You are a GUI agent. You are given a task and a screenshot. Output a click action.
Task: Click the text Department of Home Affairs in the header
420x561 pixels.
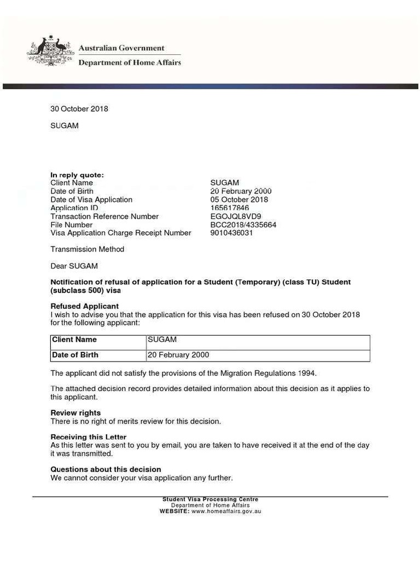130,62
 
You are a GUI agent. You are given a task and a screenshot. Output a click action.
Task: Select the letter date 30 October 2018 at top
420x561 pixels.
79,108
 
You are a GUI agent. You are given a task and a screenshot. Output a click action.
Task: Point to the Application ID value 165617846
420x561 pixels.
229,208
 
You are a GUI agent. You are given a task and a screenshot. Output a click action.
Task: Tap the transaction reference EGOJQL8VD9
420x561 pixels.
236,216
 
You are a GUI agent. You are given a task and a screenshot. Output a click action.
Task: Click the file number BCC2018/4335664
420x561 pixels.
243,225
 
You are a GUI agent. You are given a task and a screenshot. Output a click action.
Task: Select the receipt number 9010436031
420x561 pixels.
232,233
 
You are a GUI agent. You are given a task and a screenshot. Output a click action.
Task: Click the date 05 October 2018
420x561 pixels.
239,199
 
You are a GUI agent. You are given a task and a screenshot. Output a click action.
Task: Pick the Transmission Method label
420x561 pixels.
87,249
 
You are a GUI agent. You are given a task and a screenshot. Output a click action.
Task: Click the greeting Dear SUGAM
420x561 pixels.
74,266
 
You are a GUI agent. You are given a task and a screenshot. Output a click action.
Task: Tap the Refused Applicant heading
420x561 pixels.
85,306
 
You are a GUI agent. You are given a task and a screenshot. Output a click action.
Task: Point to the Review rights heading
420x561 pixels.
75,413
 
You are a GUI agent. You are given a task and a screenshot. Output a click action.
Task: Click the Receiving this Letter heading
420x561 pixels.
89,437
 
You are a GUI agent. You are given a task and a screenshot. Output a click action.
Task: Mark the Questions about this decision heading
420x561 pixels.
106,469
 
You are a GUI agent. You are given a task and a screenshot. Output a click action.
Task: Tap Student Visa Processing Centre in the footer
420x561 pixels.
211,499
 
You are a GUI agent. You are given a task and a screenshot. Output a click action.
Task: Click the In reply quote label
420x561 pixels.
77,175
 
